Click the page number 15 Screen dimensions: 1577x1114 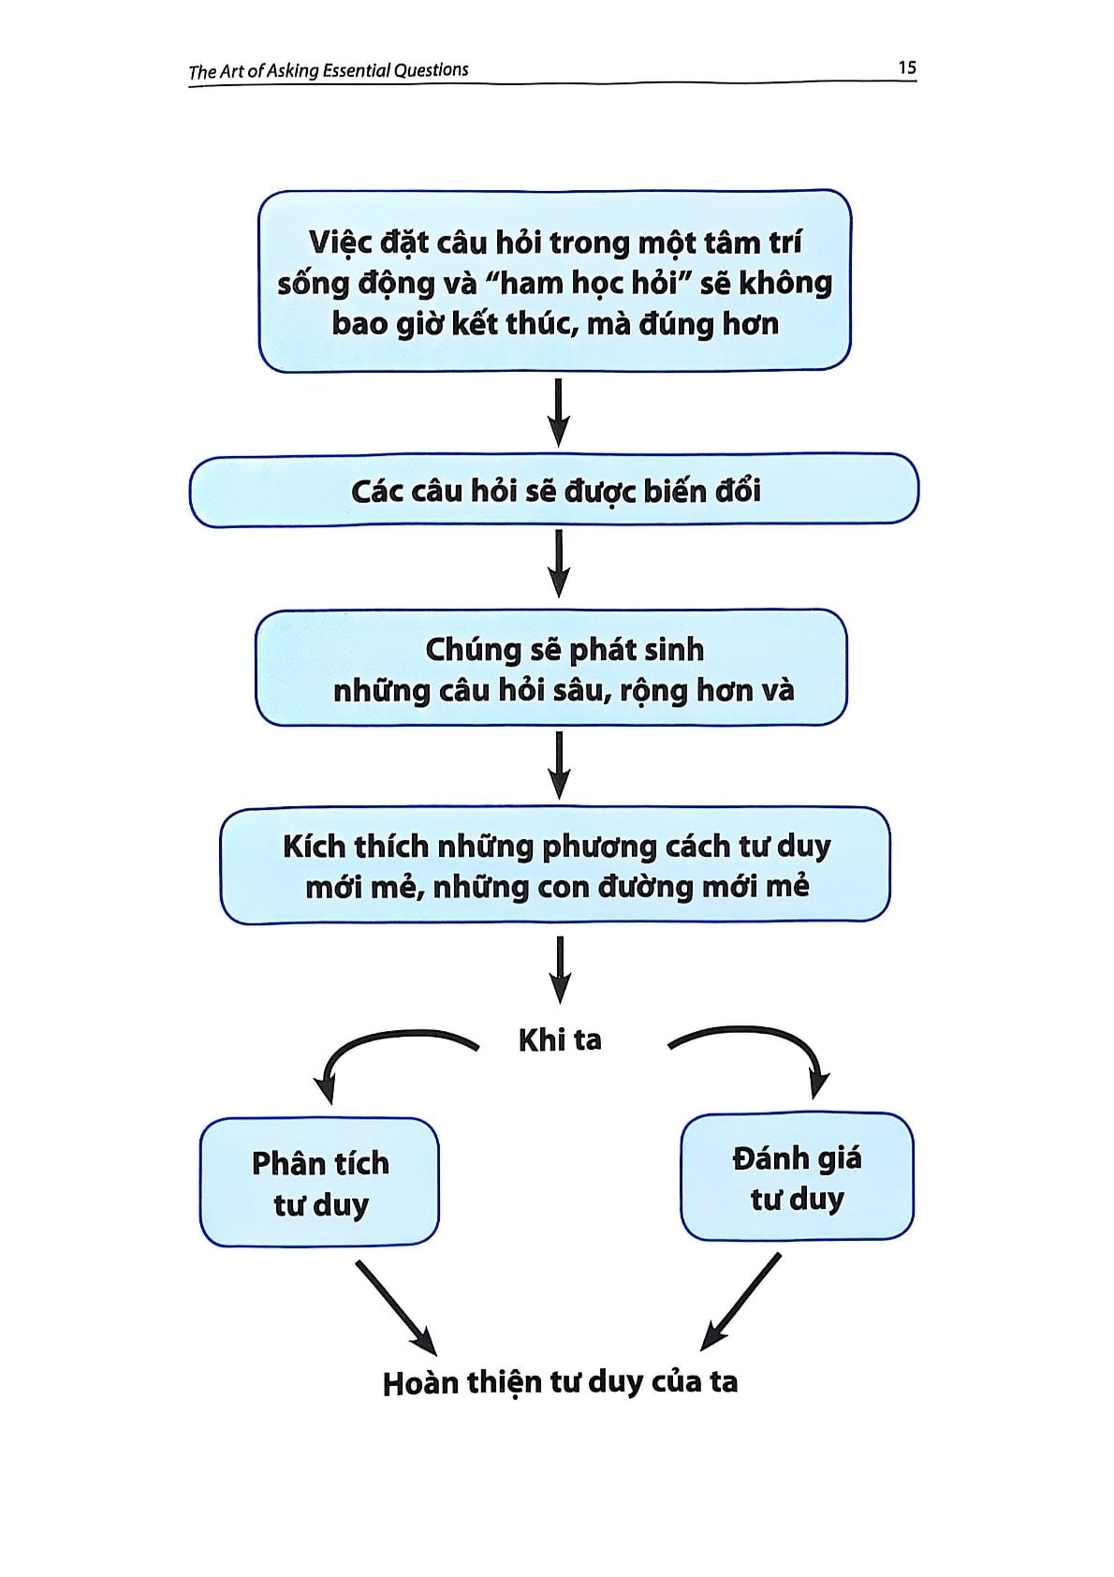pos(906,67)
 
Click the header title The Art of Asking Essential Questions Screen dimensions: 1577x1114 pos(329,70)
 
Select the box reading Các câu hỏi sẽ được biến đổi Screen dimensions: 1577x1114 pos(554,491)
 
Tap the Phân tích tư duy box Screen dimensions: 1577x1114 pos(319,1182)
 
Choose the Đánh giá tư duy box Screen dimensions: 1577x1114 pos(797,1177)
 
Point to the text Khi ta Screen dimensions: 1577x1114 pos(560,1039)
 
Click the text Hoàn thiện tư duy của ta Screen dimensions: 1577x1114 pos(560,1382)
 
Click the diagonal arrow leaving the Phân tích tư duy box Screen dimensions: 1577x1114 pos(395,1306)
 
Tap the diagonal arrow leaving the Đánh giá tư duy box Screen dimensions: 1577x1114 pos(741,1300)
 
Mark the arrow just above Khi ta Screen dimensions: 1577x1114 pos(560,970)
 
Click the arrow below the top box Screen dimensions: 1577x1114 pos(559,412)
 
